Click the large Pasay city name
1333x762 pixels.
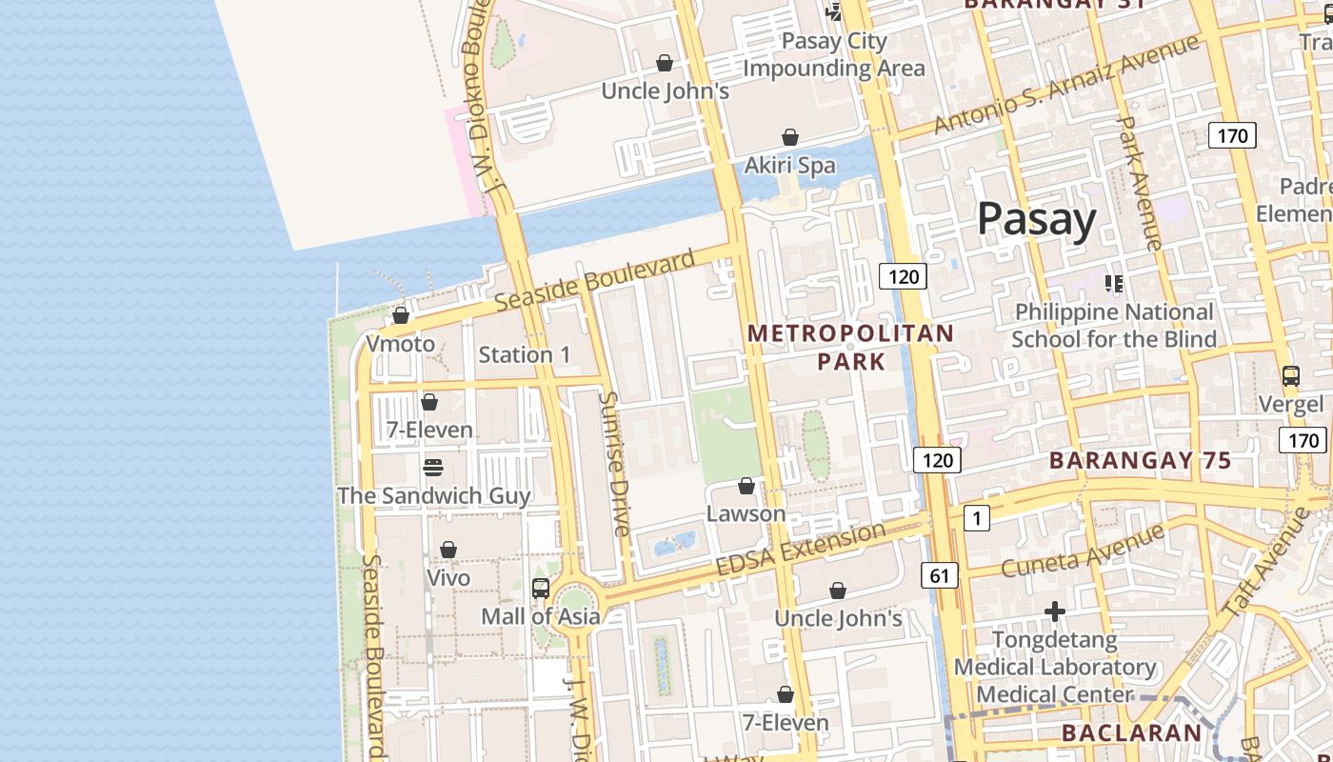[1037, 219]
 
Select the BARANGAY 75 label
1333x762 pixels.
[1140, 460]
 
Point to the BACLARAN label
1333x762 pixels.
[1131, 732]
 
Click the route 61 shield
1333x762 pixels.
[939, 574]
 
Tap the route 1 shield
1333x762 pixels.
[976, 518]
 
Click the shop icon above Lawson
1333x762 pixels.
[746, 487]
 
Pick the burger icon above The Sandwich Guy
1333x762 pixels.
[432, 468]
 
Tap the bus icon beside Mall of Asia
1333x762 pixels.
[541, 589]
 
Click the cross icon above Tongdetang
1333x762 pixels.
[1054, 611]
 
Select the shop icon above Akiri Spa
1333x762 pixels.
[789, 138]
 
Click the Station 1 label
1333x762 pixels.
[524, 355]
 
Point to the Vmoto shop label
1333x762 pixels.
[401, 344]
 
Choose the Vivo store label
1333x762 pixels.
[448, 578]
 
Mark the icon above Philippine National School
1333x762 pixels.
[1113, 284]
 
